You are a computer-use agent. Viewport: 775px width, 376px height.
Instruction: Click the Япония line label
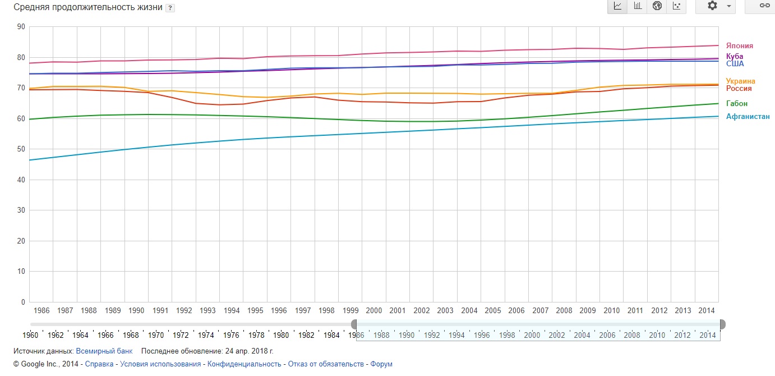point(739,46)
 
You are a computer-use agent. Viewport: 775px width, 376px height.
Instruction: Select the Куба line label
point(735,57)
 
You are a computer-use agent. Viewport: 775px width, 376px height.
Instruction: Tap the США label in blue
point(735,64)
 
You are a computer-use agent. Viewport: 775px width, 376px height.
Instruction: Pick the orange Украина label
point(740,81)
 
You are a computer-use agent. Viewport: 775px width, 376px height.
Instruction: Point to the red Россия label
point(739,89)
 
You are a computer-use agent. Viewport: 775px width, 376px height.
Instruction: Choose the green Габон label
point(736,104)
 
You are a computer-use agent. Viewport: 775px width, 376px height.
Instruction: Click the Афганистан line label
point(748,117)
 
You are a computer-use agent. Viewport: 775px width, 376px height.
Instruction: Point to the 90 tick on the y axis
point(21,27)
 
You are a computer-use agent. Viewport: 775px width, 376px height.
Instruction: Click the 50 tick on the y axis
point(21,149)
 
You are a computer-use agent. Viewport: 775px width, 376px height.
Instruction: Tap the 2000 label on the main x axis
point(374,310)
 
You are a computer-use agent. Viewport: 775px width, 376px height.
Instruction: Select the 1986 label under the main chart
point(41,310)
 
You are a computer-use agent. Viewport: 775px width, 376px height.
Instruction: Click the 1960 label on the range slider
point(31,336)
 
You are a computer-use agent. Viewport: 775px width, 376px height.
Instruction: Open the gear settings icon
point(712,6)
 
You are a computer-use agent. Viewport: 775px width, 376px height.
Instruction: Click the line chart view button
point(617,6)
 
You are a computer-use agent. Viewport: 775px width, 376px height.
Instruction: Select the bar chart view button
point(637,6)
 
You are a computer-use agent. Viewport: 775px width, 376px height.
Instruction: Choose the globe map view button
point(657,6)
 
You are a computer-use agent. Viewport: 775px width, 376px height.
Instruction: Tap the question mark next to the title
point(170,8)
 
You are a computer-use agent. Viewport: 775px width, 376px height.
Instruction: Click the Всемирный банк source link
point(104,351)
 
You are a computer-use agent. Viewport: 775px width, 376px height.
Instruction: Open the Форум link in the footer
point(381,364)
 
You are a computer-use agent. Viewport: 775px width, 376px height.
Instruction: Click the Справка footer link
point(98,364)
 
